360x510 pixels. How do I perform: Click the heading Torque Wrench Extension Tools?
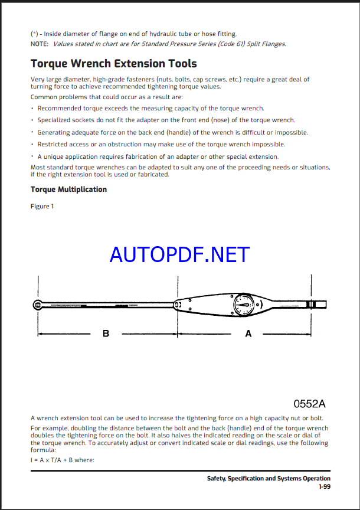113,63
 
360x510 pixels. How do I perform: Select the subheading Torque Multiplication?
68,189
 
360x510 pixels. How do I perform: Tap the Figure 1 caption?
42,206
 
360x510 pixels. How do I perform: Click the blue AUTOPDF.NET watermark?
179,254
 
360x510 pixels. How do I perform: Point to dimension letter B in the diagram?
106,334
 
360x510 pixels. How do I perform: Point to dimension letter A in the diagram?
248,334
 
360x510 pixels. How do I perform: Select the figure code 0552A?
309,404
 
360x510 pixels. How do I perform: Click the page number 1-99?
324,487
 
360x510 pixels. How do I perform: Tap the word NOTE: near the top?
40,44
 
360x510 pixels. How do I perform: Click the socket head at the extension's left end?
37,305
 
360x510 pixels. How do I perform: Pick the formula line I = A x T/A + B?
62,460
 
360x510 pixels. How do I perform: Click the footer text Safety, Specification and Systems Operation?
269,479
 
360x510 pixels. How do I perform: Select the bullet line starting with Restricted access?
161,144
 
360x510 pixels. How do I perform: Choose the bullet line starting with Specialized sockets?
166,120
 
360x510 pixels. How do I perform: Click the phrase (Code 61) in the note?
243,44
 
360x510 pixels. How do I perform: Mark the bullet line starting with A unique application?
158,156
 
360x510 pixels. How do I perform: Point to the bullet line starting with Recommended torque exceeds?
150,108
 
